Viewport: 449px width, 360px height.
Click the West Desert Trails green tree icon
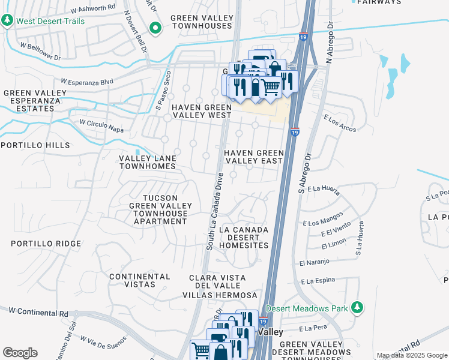(7, 21)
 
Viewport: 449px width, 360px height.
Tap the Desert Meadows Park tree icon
(357, 308)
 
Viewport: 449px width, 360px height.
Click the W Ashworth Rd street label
(92, 10)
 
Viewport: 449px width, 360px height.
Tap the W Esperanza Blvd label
(87, 81)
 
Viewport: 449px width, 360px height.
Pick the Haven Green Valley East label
(253, 157)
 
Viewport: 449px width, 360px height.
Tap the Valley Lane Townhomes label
(148, 163)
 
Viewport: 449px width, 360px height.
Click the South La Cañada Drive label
(215, 211)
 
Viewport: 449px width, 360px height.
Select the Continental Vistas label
(140, 280)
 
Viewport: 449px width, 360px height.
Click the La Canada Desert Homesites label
(244, 238)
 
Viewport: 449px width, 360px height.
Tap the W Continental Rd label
(38, 313)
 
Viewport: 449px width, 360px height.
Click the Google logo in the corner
(19, 353)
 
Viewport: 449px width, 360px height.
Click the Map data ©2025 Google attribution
(411, 355)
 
